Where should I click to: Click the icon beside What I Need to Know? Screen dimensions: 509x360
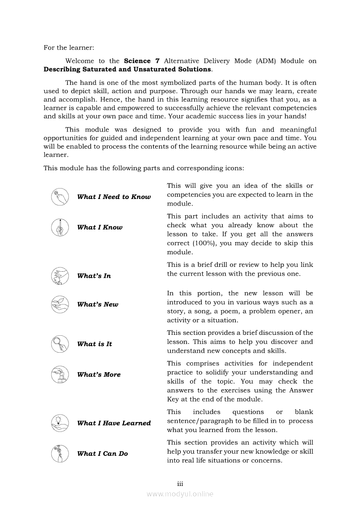pyautogui.click(x=59, y=197)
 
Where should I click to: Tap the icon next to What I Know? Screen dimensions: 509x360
pyautogui.click(x=59, y=227)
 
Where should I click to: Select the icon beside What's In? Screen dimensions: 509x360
pyautogui.click(x=59, y=276)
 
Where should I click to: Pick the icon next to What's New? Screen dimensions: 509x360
pyautogui.click(x=59, y=304)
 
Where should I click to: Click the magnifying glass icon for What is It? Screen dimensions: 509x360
pyautogui.click(x=59, y=344)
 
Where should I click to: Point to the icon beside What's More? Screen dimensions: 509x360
pyautogui.click(x=59, y=374)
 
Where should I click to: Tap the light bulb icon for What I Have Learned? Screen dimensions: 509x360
pyautogui.click(x=59, y=423)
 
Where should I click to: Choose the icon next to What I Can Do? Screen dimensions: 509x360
pyautogui.click(x=59, y=453)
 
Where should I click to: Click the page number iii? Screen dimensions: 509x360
pyautogui.click(x=180, y=484)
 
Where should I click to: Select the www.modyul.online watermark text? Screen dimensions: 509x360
pyautogui.click(x=180, y=494)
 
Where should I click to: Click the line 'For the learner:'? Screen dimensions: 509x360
pyautogui.click(x=69, y=47)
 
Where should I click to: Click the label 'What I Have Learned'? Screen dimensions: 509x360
pyautogui.click(x=114, y=423)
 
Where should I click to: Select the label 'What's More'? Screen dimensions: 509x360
pyautogui.click(x=99, y=374)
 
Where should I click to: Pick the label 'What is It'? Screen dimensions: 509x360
pyautogui.click(x=95, y=344)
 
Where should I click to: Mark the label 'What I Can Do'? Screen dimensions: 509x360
pyautogui.click(x=102, y=454)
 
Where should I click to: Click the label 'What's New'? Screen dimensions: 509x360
pyautogui.click(x=98, y=304)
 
